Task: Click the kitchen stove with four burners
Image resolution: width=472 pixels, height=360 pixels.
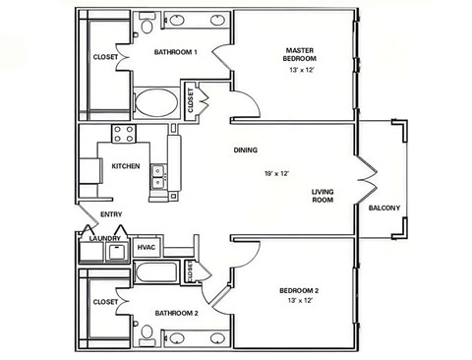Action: point(124,134)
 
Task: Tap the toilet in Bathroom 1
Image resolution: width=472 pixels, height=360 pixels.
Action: point(147,23)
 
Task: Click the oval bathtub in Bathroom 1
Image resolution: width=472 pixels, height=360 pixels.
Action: point(156,102)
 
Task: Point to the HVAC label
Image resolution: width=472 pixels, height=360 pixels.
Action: point(147,247)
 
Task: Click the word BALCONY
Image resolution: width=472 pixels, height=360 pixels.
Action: point(384,208)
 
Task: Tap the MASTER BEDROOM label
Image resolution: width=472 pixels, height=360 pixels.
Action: point(300,54)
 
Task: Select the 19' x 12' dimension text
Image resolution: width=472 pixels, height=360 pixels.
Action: point(276,173)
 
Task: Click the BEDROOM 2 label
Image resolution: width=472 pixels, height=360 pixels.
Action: point(299,290)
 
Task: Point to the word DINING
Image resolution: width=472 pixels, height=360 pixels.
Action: point(246,150)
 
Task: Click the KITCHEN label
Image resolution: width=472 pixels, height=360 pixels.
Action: point(126,166)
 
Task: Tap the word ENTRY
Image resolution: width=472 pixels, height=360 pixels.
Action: point(111,214)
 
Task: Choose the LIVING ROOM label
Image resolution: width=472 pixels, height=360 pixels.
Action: point(323,196)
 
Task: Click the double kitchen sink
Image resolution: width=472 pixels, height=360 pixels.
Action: point(158,177)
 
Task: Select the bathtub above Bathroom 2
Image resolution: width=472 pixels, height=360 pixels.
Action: point(156,272)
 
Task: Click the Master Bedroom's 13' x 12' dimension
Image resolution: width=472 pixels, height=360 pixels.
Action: point(302,70)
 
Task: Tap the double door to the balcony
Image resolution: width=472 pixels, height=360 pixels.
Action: point(367,179)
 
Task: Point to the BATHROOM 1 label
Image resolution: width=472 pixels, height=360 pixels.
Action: point(176,52)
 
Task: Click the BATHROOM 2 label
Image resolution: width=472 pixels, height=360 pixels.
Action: point(176,314)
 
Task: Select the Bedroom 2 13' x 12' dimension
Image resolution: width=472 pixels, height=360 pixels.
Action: point(300,300)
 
